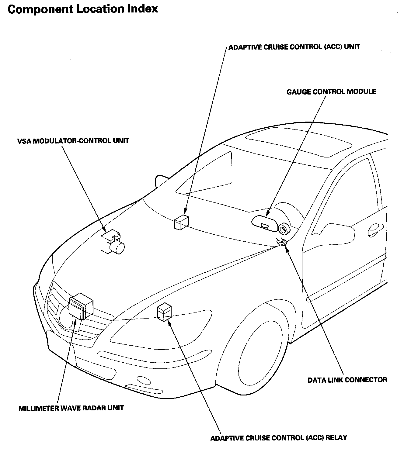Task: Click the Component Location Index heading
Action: click(83, 9)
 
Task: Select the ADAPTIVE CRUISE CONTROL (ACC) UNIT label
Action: click(294, 47)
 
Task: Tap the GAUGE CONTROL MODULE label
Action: click(331, 91)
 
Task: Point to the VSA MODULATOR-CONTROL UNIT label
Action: click(73, 141)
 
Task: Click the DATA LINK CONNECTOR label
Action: click(347, 380)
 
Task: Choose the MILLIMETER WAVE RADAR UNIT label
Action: click(71, 408)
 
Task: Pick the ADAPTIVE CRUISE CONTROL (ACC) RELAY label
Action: click(279, 438)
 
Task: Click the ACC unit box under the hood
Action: click(181, 222)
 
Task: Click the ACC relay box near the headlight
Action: click(164, 312)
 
